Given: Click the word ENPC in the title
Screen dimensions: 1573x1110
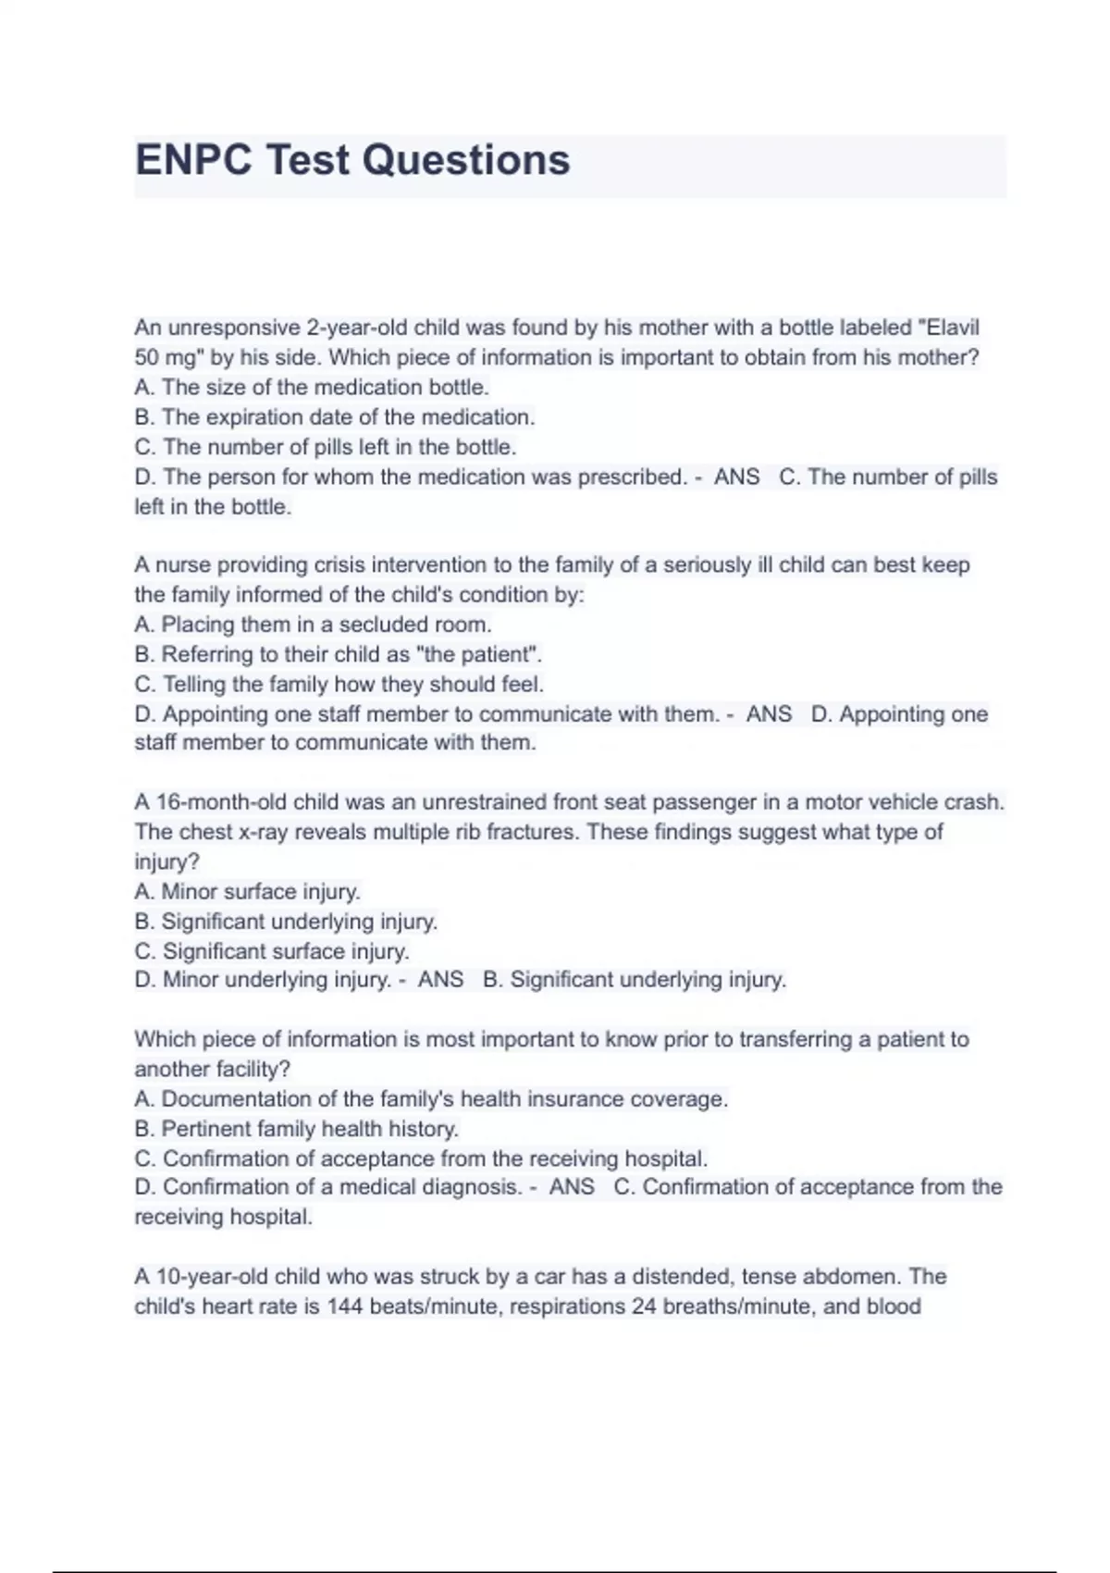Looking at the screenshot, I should click(193, 160).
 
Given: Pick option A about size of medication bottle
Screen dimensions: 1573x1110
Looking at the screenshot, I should click(312, 387).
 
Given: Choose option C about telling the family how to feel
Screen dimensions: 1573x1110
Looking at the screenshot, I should click(339, 684).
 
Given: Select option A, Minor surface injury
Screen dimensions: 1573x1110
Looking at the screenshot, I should click(247, 891).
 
